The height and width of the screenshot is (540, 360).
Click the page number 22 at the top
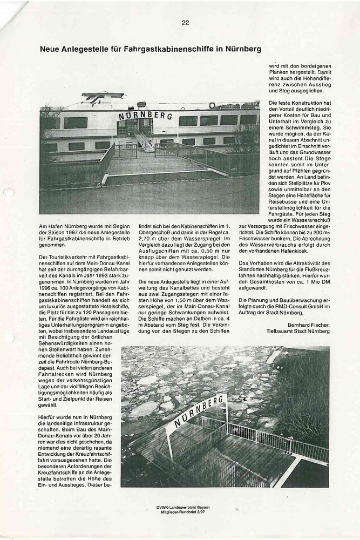[185, 23]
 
